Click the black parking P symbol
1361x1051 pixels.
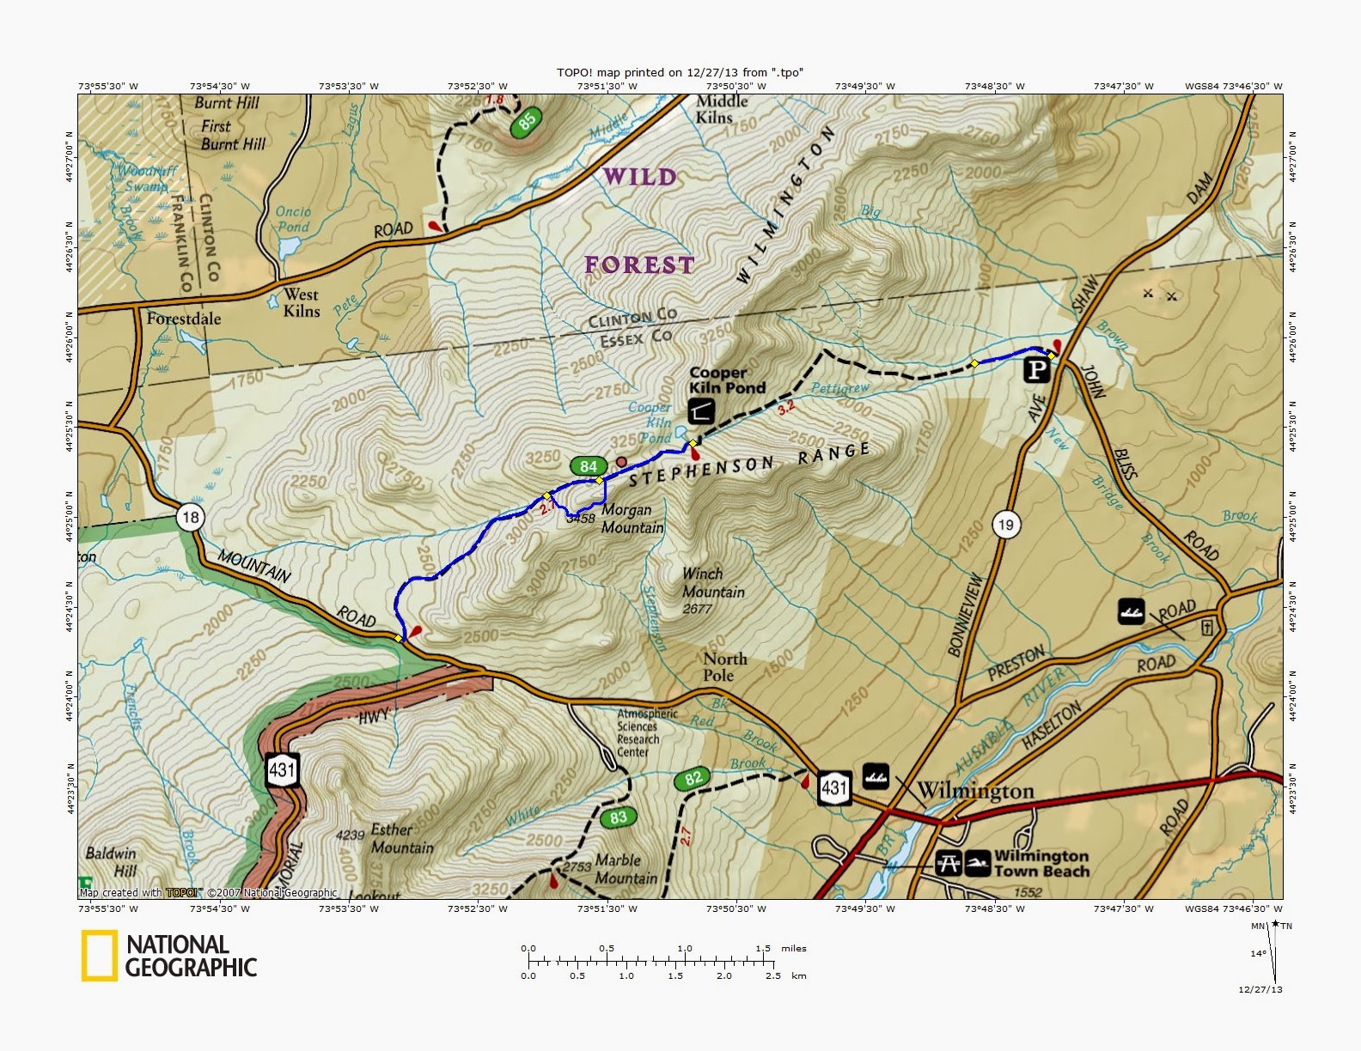click(x=1037, y=370)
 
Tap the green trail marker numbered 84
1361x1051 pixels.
click(x=588, y=466)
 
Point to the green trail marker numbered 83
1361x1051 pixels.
click(x=619, y=817)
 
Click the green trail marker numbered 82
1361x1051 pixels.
click(x=693, y=779)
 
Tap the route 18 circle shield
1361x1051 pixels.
click(x=191, y=517)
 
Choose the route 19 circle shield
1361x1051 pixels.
click(x=1006, y=524)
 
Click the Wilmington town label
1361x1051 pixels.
click(x=975, y=791)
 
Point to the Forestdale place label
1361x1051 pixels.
click(x=183, y=319)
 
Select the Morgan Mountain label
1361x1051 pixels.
click(x=632, y=519)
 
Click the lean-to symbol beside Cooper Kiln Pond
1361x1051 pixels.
click(x=701, y=410)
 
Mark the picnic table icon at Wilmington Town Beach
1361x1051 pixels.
click(x=949, y=862)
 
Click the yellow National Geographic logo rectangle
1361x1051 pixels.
click(x=99, y=956)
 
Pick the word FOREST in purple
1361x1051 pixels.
click(x=639, y=265)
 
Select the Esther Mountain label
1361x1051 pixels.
click(x=401, y=839)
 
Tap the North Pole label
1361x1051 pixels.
click(x=724, y=667)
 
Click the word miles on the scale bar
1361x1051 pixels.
click(x=794, y=948)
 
